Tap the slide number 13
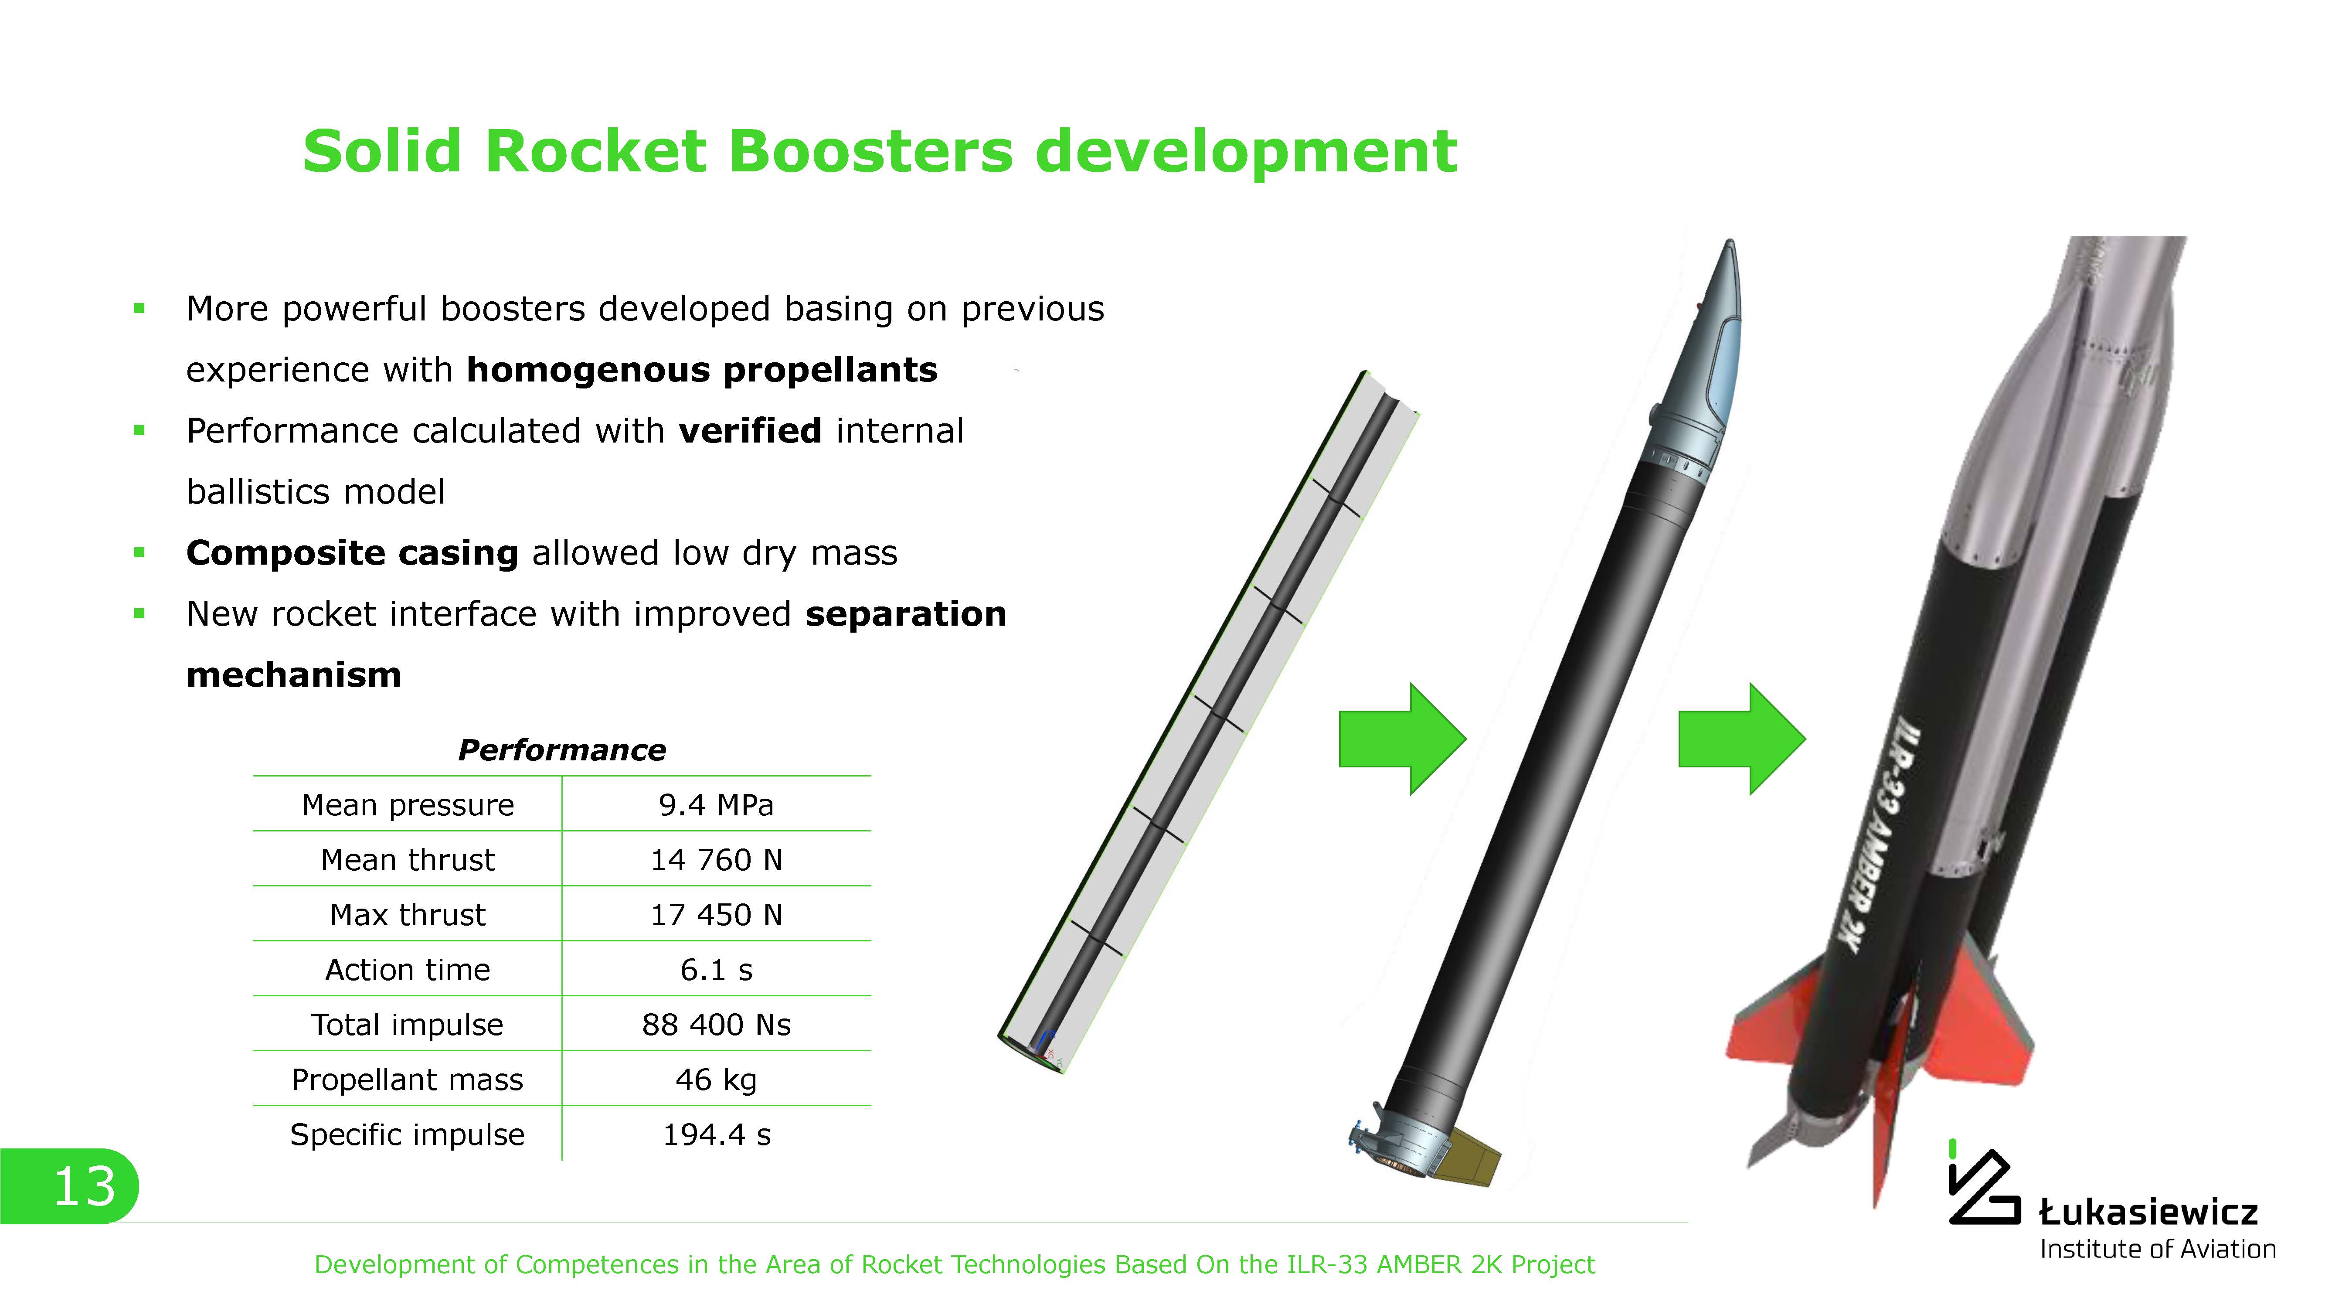pyautogui.click(x=85, y=1186)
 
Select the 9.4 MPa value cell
pyautogui.click(x=716, y=804)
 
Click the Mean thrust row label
pyautogui.click(x=407, y=859)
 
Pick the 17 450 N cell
pyautogui.click(x=716, y=914)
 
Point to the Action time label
pyautogui.click(x=407, y=970)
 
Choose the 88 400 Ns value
pyautogui.click(x=716, y=1025)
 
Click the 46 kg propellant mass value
pyautogui.click(x=716, y=1080)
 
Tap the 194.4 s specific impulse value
pyautogui.click(x=716, y=1134)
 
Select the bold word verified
pyautogui.click(x=750, y=431)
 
